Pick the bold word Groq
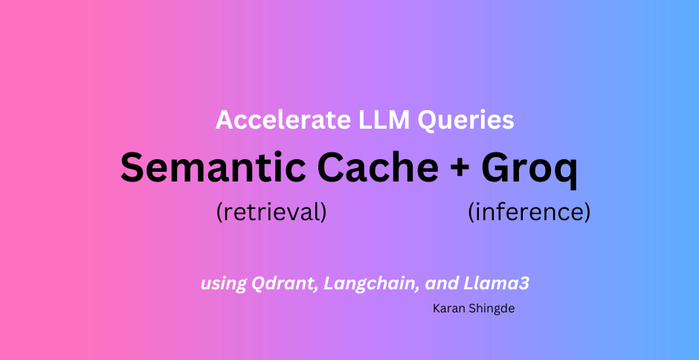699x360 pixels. (529, 168)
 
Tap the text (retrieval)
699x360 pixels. (271, 213)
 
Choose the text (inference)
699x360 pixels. (529, 213)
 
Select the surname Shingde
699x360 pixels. (492, 308)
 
